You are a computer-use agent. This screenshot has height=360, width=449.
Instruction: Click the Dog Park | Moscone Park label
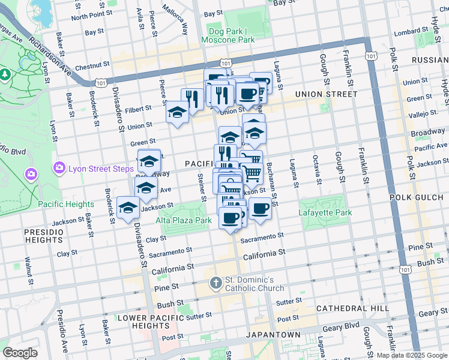click(232, 35)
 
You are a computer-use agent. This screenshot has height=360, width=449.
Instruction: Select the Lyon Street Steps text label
click(100, 168)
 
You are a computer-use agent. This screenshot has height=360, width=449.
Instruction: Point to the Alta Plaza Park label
click(184, 220)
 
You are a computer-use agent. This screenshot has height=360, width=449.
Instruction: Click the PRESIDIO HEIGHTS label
click(44, 236)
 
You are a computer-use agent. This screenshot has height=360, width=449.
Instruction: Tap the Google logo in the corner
click(20, 353)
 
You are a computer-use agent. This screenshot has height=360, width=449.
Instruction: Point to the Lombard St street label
click(412, 31)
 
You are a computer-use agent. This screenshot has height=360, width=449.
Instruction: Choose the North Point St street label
click(91, 14)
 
